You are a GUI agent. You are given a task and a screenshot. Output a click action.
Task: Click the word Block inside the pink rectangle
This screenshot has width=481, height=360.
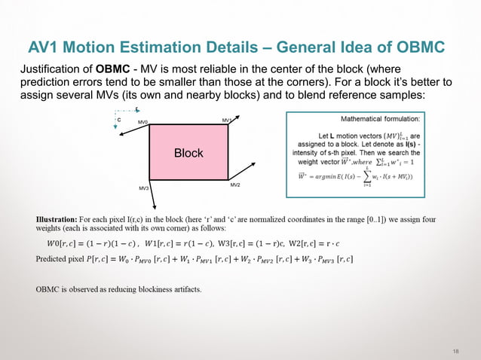(x=188, y=153)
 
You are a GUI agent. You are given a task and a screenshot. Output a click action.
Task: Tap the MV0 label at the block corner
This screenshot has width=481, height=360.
(x=143, y=122)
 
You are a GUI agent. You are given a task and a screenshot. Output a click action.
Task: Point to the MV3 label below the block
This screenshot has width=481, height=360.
(x=143, y=188)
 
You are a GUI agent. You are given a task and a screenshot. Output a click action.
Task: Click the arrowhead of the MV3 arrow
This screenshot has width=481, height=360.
(x=154, y=206)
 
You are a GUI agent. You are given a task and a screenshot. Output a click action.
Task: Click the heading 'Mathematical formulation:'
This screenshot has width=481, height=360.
(x=381, y=119)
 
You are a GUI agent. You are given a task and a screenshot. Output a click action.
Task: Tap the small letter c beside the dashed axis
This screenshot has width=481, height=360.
(x=118, y=119)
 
